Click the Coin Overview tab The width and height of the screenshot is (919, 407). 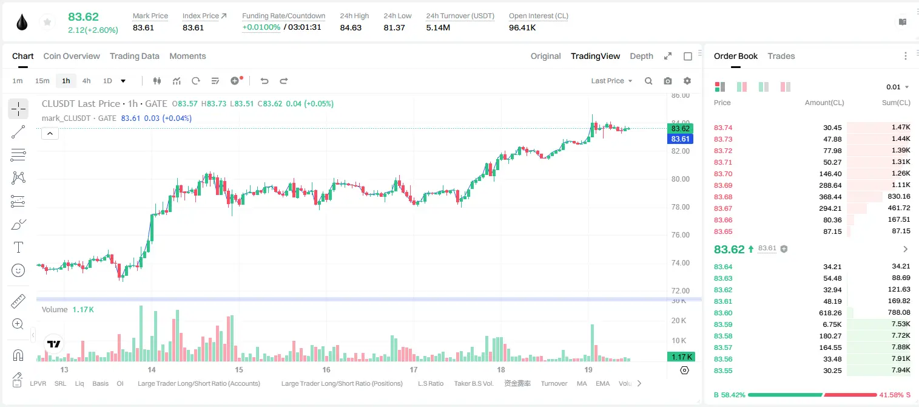point(72,56)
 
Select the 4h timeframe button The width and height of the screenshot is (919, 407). point(86,81)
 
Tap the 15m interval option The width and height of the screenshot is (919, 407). point(42,81)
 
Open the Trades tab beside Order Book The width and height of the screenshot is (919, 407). point(781,56)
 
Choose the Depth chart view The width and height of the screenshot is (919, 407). point(641,56)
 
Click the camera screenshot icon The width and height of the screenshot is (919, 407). point(668,81)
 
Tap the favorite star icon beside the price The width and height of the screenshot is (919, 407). point(47,22)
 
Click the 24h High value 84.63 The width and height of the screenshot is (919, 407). point(351,27)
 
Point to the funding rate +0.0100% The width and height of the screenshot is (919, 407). point(261,27)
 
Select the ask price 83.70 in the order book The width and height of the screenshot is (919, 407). point(723,174)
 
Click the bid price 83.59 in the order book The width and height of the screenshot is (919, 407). point(723,324)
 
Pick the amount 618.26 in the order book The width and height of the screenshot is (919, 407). point(830,313)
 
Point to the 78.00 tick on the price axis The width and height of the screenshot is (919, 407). point(681,207)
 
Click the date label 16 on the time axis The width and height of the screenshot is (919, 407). point(326,369)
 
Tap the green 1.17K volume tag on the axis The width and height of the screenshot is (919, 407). point(681,357)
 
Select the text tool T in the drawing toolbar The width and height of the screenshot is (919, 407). point(18,247)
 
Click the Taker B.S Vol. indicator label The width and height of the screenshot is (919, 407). point(473,383)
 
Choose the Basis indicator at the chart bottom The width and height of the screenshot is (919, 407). point(101,383)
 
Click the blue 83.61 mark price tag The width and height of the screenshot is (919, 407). point(680,139)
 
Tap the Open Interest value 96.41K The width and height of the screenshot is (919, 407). point(522,27)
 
